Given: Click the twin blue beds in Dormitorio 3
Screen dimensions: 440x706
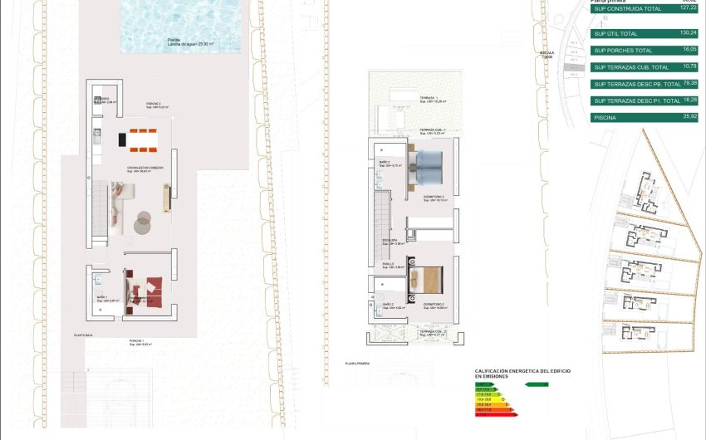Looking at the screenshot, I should (431, 170).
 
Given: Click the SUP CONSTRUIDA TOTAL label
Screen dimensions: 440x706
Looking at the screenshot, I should (627, 9).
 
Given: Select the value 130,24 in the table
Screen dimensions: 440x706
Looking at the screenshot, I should (687, 32).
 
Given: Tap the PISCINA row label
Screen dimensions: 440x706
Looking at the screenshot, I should (605, 118).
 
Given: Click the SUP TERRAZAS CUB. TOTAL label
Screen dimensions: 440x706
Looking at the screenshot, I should (631, 67).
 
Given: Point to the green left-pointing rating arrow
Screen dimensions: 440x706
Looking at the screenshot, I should (535, 384).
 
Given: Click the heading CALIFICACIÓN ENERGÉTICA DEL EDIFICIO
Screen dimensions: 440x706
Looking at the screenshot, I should (522, 371).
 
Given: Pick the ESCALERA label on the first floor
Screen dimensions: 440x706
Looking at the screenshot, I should (390, 240).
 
